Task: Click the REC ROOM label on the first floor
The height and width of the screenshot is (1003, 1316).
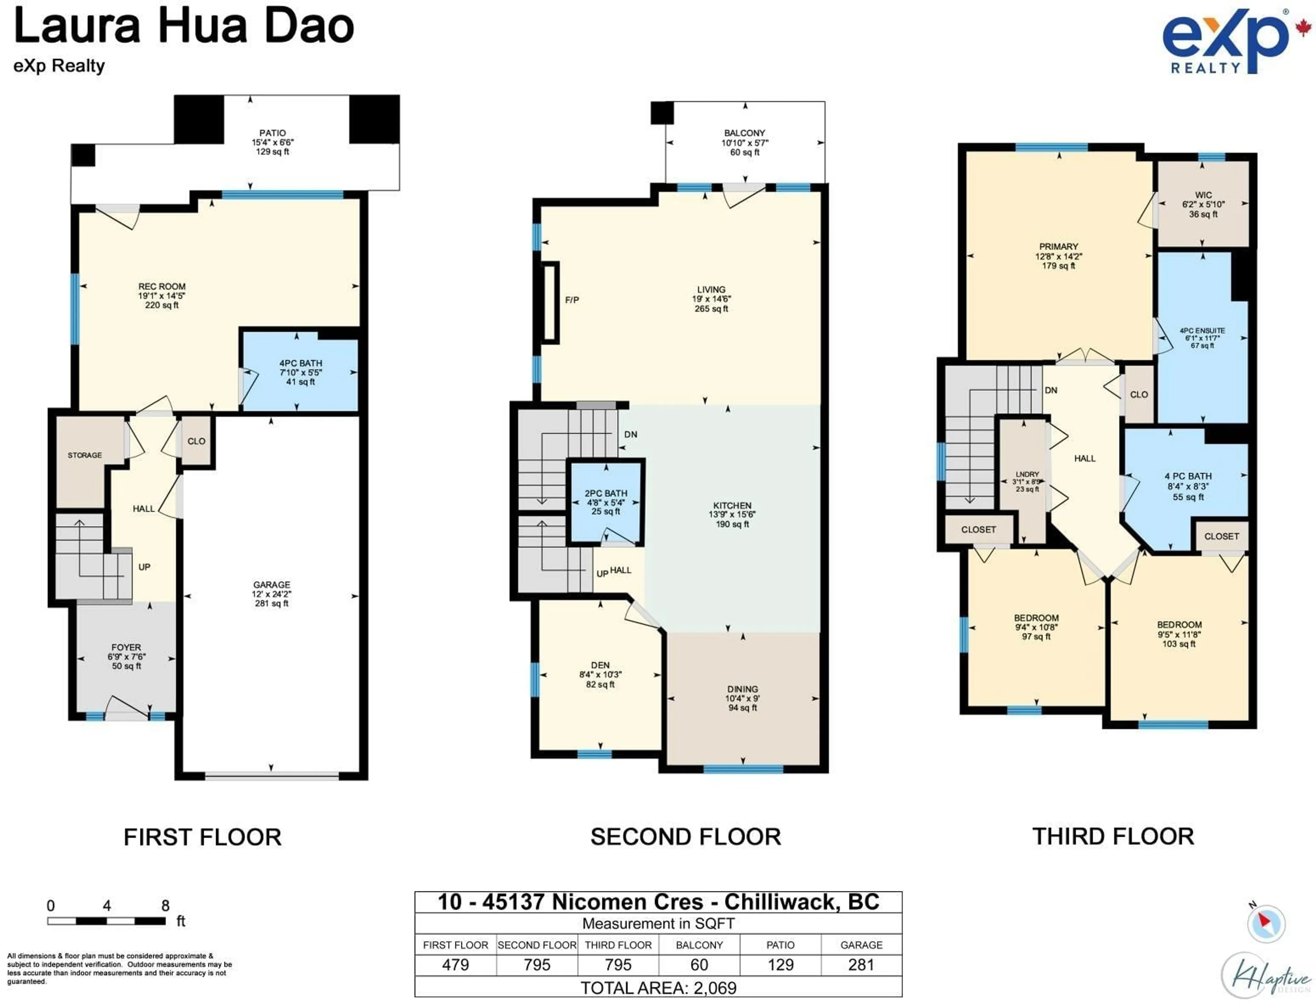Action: pyautogui.click(x=162, y=287)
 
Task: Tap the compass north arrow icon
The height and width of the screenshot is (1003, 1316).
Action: pyautogui.click(x=1265, y=922)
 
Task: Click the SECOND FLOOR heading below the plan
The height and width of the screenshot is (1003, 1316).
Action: pyautogui.click(x=685, y=837)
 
